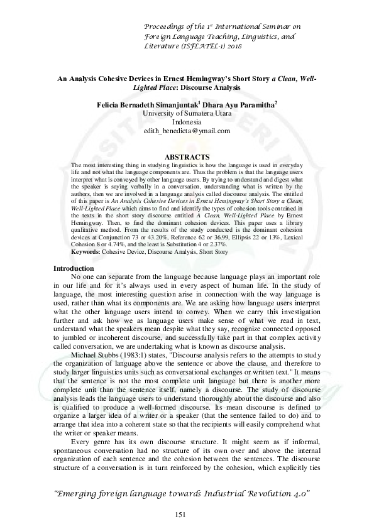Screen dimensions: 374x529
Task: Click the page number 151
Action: pos(181,515)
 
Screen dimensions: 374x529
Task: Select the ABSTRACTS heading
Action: pos(186,157)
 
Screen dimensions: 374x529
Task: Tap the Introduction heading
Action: pos(74,269)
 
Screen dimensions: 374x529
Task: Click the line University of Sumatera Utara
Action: pos(187,113)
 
